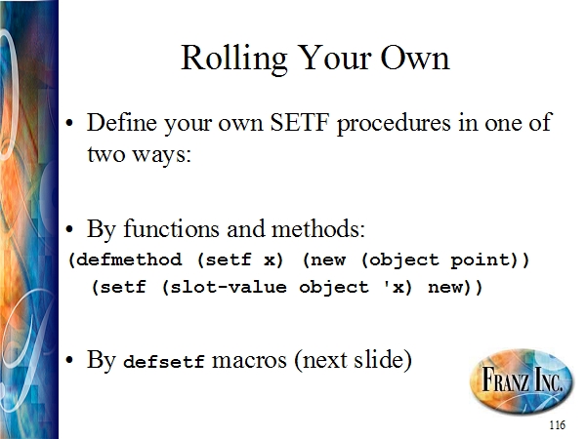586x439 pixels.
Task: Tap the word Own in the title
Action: click(x=415, y=59)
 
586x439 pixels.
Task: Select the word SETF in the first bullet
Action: click(x=300, y=122)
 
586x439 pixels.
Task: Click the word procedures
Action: click(x=394, y=124)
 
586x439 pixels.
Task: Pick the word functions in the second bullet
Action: click(x=171, y=228)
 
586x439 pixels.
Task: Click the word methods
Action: click(x=317, y=228)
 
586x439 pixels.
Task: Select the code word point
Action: click(x=481, y=260)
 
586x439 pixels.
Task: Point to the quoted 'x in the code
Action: click(x=393, y=286)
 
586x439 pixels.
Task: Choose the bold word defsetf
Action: click(x=164, y=361)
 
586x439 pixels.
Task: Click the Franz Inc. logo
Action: click(x=522, y=379)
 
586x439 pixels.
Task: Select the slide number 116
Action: click(x=558, y=425)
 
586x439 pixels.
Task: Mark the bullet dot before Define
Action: click(x=69, y=123)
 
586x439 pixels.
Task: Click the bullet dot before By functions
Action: click(x=69, y=229)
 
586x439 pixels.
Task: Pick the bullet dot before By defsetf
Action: click(x=69, y=361)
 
